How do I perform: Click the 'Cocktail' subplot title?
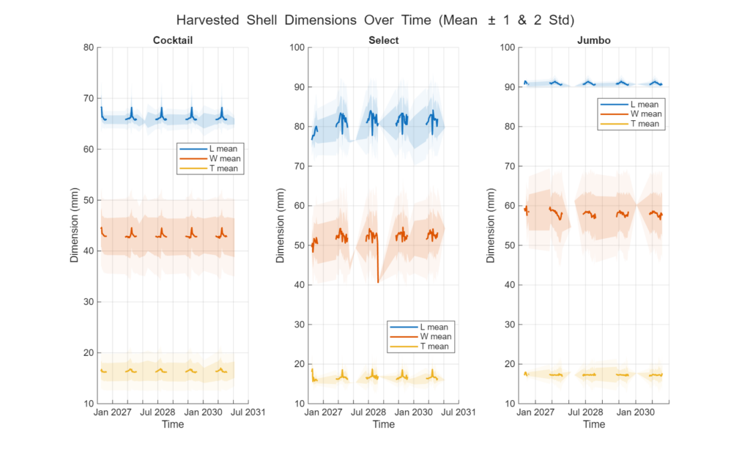(x=173, y=40)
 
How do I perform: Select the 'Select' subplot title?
(x=383, y=40)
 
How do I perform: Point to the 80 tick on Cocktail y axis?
(x=88, y=48)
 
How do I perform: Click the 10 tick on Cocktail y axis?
(x=88, y=404)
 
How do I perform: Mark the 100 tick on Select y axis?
(x=297, y=48)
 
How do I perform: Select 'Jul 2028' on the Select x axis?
(x=368, y=412)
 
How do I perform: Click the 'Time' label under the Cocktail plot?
(x=173, y=424)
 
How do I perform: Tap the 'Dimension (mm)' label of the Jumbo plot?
(x=491, y=226)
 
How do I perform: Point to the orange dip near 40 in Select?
(x=378, y=281)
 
